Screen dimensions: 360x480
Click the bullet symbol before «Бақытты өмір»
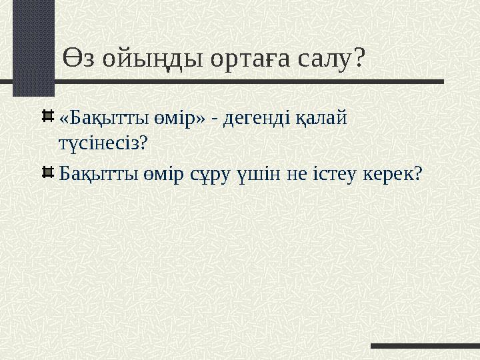pos(48,117)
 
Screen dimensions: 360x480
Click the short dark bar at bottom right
pos(425,345)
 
